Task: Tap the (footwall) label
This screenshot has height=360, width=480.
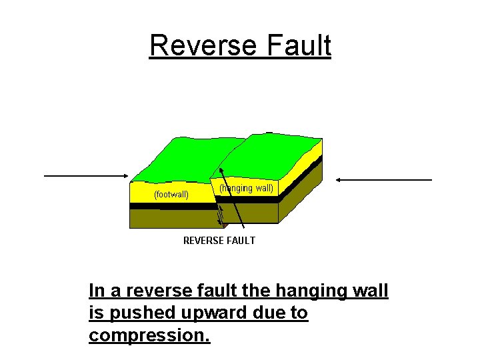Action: point(171,195)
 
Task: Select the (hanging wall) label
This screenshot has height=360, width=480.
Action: point(247,188)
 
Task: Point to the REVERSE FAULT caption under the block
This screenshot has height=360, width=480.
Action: point(219,240)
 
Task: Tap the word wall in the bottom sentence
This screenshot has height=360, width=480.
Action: point(370,291)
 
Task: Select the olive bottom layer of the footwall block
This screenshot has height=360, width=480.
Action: point(167,219)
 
